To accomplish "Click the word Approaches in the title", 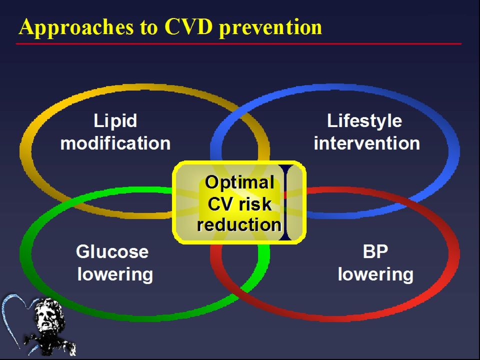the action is pyautogui.click(x=76, y=27).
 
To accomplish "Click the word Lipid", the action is pyautogui.click(x=115, y=121).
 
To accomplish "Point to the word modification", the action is pyautogui.click(x=115, y=143).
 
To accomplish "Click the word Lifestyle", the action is pyautogui.click(x=364, y=121).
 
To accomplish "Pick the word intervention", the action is pyautogui.click(x=366, y=143).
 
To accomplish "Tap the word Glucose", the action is pyautogui.click(x=112, y=251).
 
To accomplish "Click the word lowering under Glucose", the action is pyautogui.click(x=115, y=274).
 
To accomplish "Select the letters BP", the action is pyautogui.click(x=375, y=251).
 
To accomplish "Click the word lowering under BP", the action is pyautogui.click(x=375, y=274).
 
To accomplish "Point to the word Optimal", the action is pyautogui.click(x=239, y=183).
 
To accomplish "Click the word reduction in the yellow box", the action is pyautogui.click(x=239, y=224).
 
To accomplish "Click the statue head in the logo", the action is pyautogui.click(x=49, y=315).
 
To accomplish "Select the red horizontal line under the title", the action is pyautogui.click(x=239, y=44).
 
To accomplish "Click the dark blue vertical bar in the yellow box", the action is pyautogui.click(x=285, y=202).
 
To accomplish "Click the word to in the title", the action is pyautogui.click(x=149, y=27).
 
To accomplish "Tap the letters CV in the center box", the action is pyautogui.click(x=219, y=204).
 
